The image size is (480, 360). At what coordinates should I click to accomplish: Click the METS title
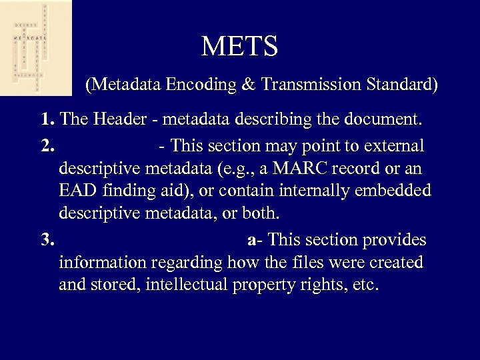click(x=239, y=46)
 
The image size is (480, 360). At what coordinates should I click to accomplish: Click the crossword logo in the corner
click(x=35, y=47)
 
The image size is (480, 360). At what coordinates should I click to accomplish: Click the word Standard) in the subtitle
click(x=402, y=85)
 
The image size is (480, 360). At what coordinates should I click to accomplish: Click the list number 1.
click(x=47, y=121)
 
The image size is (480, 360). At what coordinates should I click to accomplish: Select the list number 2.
click(x=47, y=145)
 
